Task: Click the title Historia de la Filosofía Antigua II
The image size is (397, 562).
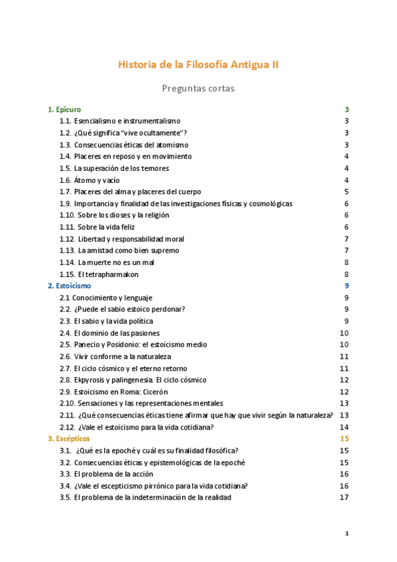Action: [198, 65]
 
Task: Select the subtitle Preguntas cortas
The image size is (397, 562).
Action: [198, 87]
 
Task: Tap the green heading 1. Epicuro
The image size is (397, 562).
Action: [64, 109]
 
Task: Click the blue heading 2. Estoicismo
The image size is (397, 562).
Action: [70, 286]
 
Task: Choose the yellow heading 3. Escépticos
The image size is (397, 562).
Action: [69, 439]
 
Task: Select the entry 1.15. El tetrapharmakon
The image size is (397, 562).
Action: [99, 274]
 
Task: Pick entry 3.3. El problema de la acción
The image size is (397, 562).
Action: [106, 474]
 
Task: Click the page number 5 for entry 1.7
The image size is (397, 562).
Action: [347, 192]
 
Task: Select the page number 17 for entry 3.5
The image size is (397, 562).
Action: [344, 498]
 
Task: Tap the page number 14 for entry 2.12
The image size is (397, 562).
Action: [344, 427]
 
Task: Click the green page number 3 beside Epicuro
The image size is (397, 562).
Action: [347, 109]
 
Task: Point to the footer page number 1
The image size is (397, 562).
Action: [347, 534]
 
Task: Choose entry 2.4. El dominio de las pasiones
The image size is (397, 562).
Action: [109, 333]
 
